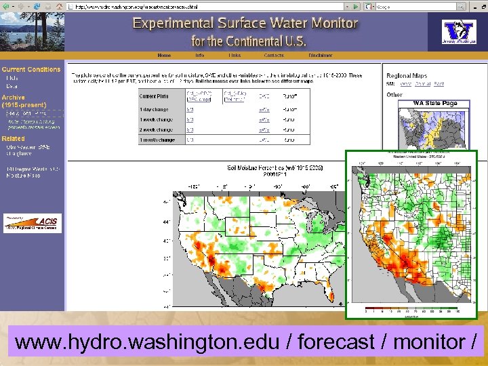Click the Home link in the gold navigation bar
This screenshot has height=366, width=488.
pos(164,55)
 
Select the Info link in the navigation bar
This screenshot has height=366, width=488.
pos(199,55)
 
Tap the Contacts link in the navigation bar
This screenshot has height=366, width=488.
pos(274,55)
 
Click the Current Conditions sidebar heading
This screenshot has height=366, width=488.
pos(31,69)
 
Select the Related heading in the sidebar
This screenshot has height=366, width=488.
pos(13,138)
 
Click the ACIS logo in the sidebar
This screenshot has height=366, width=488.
pos(32,222)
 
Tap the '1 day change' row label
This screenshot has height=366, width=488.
pos(155,108)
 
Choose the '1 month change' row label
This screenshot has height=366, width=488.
pos(157,140)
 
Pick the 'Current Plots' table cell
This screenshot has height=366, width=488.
pos(155,96)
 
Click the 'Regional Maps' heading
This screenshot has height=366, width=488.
pos(407,76)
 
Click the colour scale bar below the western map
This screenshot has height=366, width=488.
pos(412,308)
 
